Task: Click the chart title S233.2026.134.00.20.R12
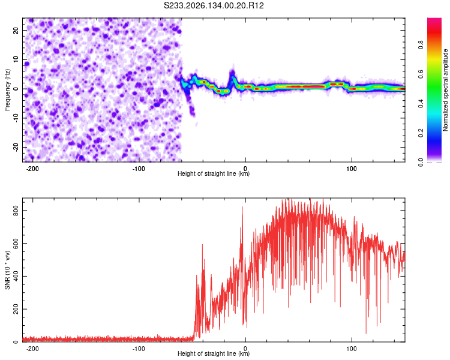pos(214,5)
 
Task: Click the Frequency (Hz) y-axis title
pos(7,90)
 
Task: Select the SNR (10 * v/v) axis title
pos(7,270)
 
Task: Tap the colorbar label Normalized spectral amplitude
pos(445,90)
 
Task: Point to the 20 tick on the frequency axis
pos(16,31)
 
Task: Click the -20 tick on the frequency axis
pos(16,147)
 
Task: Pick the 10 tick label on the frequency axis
pos(16,60)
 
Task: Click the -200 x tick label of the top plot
pos(32,169)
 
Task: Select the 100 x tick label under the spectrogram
pos(351,169)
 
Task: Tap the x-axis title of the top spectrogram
pos(214,173)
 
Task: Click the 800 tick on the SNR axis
pos(16,211)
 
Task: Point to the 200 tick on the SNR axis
pos(16,309)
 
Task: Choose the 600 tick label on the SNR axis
pos(16,244)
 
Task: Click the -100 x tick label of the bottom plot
pos(139,349)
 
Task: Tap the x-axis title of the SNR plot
pos(214,353)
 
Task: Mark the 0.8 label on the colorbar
pos(421,45)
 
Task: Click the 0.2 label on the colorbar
pos(421,133)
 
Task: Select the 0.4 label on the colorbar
pos(421,104)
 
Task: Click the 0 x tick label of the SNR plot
pos(245,349)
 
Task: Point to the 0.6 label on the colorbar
pos(421,74)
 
